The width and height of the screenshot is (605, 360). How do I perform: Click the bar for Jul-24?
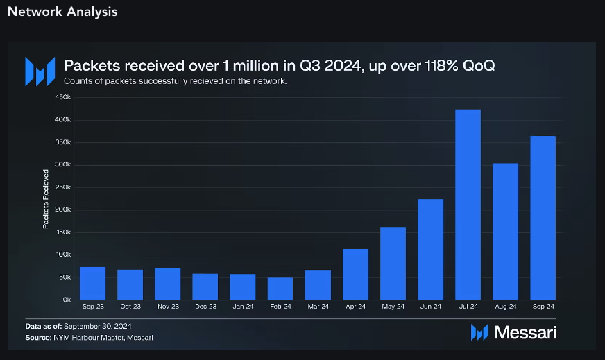click(x=468, y=205)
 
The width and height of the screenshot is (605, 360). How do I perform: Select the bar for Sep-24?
click(x=543, y=218)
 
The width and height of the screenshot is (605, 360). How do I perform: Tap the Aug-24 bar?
click(x=505, y=232)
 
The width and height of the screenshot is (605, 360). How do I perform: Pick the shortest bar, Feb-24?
click(x=280, y=289)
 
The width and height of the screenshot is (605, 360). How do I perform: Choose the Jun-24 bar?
click(x=430, y=249)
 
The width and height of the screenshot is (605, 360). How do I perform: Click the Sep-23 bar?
click(x=93, y=283)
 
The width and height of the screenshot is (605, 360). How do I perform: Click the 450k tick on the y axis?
click(x=62, y=98)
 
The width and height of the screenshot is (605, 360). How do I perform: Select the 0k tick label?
click(x=66, y=300)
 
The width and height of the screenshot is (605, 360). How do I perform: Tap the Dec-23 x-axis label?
click(x=205, y=307)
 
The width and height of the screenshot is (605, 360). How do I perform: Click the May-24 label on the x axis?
click(x=393, y=307)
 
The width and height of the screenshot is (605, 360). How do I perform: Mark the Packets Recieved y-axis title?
click(x=46, y=198)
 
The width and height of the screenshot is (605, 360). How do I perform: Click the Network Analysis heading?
click(x=62, y=12)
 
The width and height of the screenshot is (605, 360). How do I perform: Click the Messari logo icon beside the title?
click(x=40, y=71)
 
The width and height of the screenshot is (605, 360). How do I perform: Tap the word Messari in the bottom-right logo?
click(x=525, y=333)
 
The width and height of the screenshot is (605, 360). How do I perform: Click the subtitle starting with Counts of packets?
click(x=175, y=81)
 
